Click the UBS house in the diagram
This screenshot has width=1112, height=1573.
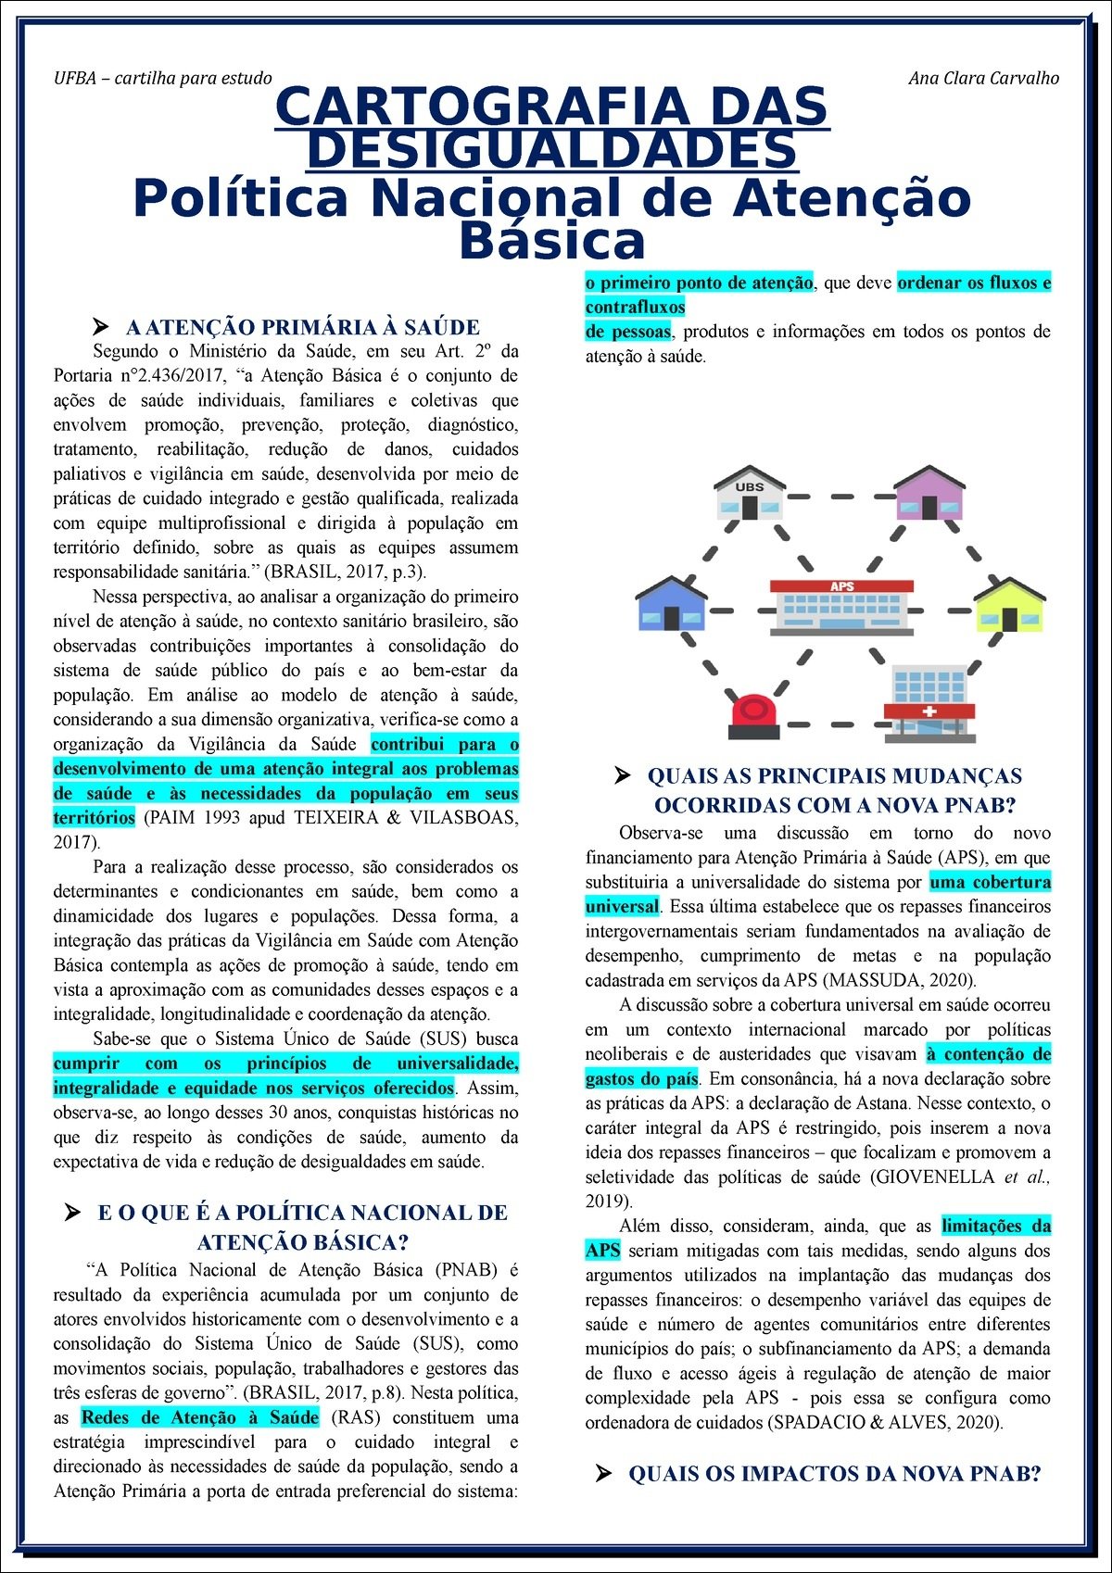[x=750, y=494]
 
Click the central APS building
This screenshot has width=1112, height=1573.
[x=841, y=606]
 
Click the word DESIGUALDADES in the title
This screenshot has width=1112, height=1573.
[x=552, y=151]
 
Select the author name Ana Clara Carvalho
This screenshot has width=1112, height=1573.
[x=983, y=78]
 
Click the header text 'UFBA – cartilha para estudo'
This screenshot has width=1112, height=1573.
[x=163, y=78]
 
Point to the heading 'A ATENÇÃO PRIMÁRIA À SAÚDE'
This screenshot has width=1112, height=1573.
[x=302, y=327]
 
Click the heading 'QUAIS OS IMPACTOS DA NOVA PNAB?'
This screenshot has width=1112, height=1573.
[x=835, y=1473]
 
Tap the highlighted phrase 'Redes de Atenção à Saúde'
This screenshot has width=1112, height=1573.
[x=200, y=1417]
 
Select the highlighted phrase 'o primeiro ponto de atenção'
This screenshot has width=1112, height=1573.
[x=700, y=283]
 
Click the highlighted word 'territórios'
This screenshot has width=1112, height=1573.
[x=95, y=818]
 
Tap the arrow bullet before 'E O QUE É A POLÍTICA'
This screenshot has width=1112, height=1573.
[x=71, y=1213]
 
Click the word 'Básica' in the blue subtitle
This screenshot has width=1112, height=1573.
[x=552, y=241]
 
